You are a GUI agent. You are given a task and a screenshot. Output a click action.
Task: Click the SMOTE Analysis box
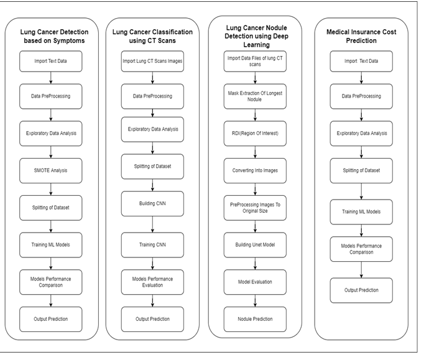pos(50,170)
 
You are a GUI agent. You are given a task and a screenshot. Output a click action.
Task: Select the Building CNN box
pos(152,203)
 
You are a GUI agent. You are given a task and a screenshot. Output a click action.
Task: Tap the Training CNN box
pos(152,245)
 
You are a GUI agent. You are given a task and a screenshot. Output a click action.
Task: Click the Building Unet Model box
pos(255,245)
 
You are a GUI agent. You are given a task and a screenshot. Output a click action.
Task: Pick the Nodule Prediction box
pos(255,319)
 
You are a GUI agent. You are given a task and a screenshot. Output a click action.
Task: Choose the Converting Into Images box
pos(255,170)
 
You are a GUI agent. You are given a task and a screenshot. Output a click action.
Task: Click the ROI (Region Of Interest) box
pos(255,134)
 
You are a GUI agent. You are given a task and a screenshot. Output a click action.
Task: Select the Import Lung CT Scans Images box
pos(152,62)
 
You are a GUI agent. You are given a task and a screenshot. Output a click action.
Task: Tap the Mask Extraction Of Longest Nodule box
pos(255,96)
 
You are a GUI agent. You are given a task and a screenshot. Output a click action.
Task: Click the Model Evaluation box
pos(255,282)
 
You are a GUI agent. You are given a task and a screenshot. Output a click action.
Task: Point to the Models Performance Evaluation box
pos(152,282)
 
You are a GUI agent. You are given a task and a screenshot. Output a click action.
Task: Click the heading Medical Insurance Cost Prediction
pos(361,36)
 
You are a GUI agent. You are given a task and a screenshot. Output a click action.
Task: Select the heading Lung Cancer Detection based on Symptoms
pos(54,36)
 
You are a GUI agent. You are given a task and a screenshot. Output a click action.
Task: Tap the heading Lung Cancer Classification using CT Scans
pos(152,36)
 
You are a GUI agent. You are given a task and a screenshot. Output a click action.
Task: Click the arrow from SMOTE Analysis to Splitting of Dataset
pos(50,189)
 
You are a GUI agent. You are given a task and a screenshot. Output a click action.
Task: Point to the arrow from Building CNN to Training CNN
pos(152,224)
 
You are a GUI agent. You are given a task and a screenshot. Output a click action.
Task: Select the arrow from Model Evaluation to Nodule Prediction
pos(255,301)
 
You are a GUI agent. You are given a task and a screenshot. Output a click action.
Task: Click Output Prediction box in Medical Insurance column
pos(361,290)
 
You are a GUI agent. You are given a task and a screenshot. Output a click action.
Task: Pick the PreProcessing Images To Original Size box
pos(255,208)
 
